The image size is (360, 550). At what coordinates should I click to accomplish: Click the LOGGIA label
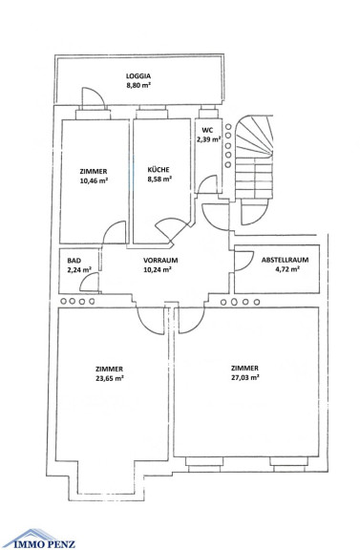(138, 75)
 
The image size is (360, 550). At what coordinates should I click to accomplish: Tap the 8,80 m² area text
(138, 85)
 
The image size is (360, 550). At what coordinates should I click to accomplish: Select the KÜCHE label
(159, 170)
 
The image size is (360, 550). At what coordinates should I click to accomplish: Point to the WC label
(207, 130)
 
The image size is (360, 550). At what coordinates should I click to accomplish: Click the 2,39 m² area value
(208, 139)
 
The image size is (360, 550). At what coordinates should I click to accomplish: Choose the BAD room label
(74, 261)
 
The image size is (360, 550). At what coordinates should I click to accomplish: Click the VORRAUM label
(160, 261)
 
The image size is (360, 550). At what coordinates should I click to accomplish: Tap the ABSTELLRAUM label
(285, 260)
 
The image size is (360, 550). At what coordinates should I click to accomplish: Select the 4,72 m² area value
(287, 269)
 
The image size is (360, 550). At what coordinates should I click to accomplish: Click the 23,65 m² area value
(110, 378)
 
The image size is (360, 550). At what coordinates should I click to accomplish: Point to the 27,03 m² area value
(244, 377)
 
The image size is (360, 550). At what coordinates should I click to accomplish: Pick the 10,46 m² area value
(94, 181)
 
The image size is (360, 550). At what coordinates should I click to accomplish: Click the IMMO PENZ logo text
(44, 544)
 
